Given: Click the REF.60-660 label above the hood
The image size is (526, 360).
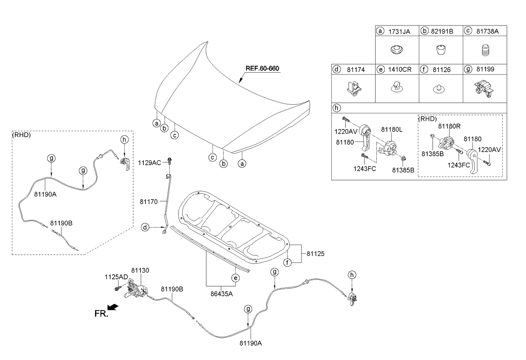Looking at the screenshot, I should click(x=262, y=68).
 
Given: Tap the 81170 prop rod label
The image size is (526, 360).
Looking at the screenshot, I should click(x=148, y=202).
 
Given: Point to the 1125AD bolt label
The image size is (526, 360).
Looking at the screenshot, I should click(x=116, y=277).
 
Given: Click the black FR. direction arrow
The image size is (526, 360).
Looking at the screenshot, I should click(x=113, y=307).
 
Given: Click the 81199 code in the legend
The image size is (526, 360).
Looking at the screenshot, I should click(x=485, y=69).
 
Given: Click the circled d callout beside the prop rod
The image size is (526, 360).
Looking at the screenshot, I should click(x=145, y=228).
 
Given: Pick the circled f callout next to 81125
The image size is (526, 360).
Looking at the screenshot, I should click(x=288, y=263).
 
